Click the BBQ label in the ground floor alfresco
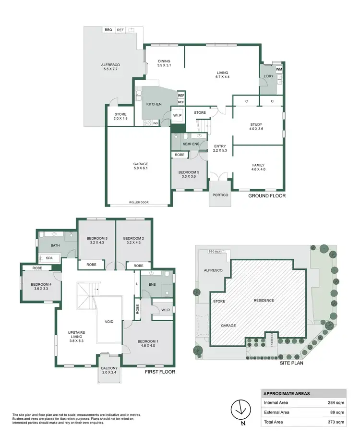click(108, 30)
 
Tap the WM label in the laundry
click(279, 70)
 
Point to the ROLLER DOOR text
click(139, 202)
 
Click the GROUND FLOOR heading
click(267, 196)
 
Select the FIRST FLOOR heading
click(160, 372)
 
